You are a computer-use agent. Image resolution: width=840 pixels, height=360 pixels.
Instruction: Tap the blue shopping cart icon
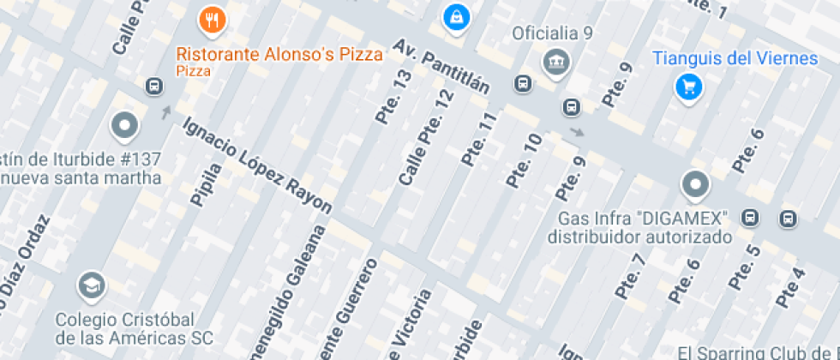(x=687, y=86)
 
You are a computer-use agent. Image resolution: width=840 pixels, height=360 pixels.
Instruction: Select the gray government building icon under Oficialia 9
(x=557, y=62)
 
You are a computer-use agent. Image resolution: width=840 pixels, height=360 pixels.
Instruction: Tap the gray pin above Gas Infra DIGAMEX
(x=694, y=184)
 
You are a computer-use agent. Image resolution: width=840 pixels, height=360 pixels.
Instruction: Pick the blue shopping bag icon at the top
(x=456, y=15)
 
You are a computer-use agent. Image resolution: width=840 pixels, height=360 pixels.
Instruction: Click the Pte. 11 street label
(x=479, y=139)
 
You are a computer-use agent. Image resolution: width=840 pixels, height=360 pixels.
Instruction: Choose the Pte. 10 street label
(x=524, y=160)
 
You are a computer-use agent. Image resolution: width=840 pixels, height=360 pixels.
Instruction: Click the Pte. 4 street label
(x=790, y=288)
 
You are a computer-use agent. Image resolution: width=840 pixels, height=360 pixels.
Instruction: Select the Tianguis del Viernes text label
(x=735, y=58)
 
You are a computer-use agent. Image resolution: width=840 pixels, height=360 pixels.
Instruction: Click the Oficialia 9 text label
(x=553, y=34)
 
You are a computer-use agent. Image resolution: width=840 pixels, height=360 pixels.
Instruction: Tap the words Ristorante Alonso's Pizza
(x=279, y=55)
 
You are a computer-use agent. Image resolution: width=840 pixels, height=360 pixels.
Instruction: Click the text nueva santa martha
(x=81, y=178)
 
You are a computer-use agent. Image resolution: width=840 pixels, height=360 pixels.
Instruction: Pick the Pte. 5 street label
(x=742, y=267)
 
